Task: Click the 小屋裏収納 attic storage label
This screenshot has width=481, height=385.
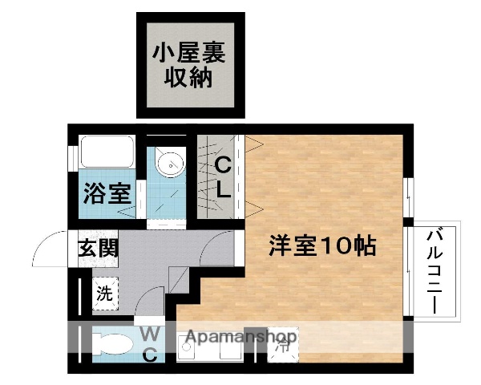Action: coord(190,67)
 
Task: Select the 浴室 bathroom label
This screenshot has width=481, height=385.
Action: coord(107,193)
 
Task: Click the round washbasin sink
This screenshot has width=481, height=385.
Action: coord(169,165)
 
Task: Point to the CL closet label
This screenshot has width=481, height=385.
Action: coord(223,179)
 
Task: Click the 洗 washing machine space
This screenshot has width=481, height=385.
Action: coord(105,293)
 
